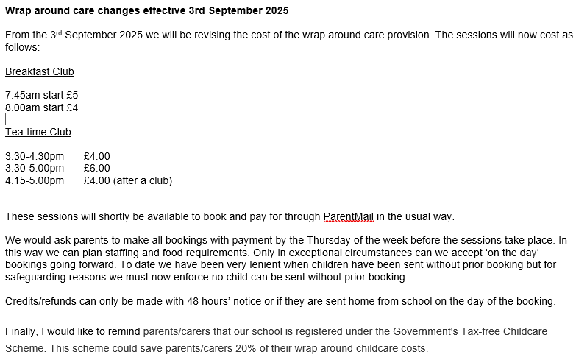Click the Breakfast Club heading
click(x=40, y=71)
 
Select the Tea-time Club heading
click(x=38, y=132)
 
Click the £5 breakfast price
click(x=72, y=96)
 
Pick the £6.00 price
click(x=97, y=168)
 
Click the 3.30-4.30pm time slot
click(x=35, y=156)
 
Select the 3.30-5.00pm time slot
click(x=35, y=168)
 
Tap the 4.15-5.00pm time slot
click(x=35, y=180)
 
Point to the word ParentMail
click(x=349, y=216)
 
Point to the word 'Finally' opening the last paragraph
click(x=23, y=331)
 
